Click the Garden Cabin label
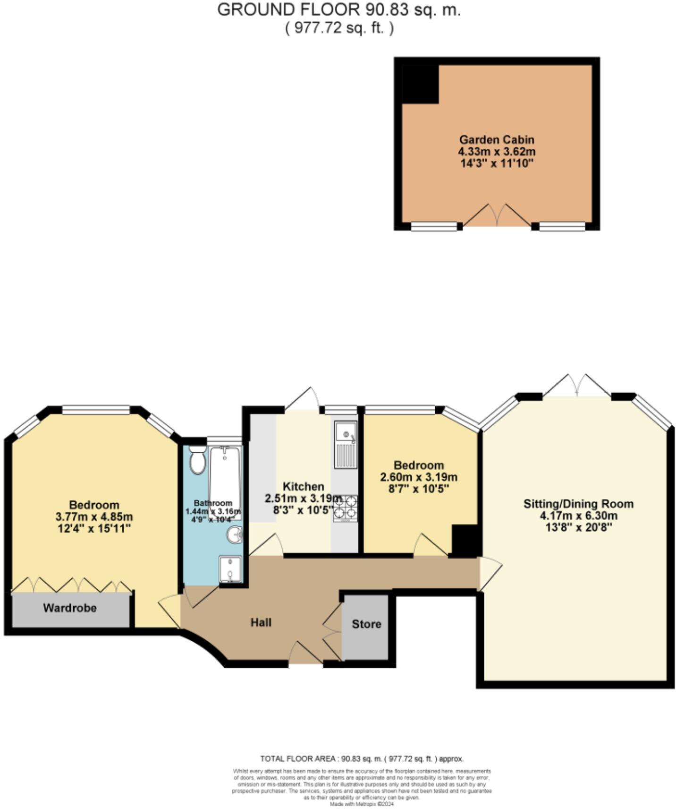pyautogui.click(x=497, y=140)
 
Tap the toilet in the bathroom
pyautogui.click(x=198, y=461)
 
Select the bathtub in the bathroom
pyautogui.click(x=225, y=482)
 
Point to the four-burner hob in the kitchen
pyautogui.click(x=346, y=508)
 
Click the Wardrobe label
pyautogui.click(x=70, y=608)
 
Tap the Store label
pyautogui.click(x=366, y=624)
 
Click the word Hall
pyautogui.click(x=261, y=622)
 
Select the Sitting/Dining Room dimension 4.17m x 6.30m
pyautogui.click(x=578, y=516)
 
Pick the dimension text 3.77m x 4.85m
pyautogui.click(x=94, y=517)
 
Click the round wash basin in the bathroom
pyautogui.click(x=235, y=535)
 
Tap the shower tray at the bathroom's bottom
pyautogui.click(x=230, y=569)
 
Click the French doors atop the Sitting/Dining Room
pyautogui.click(x=576, y=386)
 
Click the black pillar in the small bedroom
pyautogui.click(x=465, y=541)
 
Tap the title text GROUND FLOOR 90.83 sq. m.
pyautogui.click(x=338, y=10)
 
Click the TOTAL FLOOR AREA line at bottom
pyautogui.click(x=362, y=759)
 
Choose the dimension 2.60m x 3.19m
pyautogui.click(x=419, y=477)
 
